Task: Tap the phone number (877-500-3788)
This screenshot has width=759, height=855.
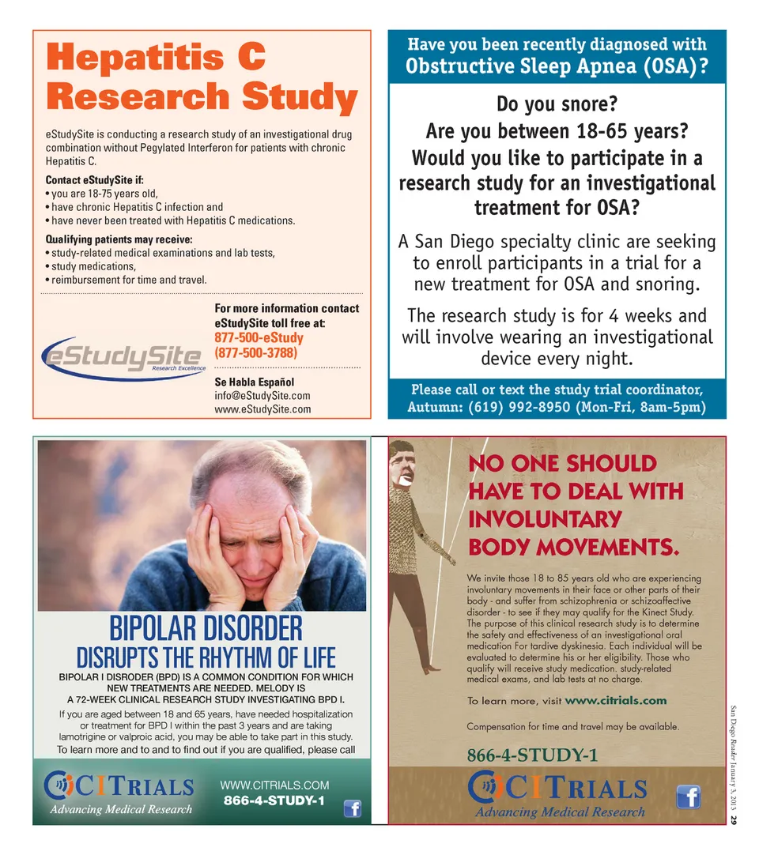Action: pos(255,352)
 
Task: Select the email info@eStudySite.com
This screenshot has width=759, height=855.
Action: pos(262,395)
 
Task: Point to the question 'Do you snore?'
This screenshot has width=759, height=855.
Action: pos(556,104)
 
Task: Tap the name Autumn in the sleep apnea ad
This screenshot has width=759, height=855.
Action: pos(434,408)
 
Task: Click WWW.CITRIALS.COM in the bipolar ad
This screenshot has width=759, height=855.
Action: pos(274,785)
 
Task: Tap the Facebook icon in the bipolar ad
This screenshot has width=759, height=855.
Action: pos(353,808)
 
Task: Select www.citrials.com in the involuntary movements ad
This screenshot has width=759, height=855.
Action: pos(616,700)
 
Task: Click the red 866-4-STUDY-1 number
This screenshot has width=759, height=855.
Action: pos(533,755)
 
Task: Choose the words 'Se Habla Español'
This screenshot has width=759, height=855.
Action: pos(254,382)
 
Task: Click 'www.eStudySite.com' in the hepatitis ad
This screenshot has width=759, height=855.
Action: pos(262,409)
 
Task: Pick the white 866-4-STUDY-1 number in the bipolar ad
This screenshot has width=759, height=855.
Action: pos(274,800)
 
